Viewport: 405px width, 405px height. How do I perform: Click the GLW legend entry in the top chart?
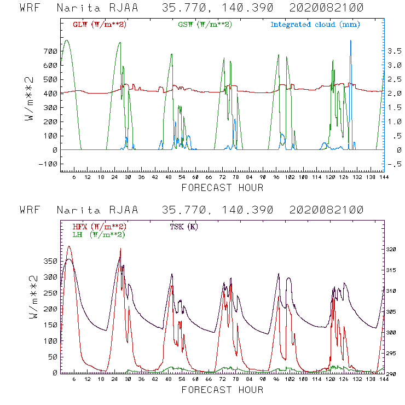coord(100,25)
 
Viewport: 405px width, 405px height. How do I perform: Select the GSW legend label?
coord(204,25)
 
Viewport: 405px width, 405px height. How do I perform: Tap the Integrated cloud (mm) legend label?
coord(315,25)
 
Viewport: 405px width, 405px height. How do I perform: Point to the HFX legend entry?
coord(100,226)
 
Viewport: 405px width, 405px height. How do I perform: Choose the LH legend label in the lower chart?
coord(99,234)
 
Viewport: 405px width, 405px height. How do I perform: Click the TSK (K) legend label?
coord(185,226)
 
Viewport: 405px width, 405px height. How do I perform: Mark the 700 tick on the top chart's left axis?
coord(50,51)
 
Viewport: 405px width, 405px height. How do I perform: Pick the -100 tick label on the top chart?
coord(47,164)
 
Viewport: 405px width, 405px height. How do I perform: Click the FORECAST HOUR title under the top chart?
coord(222,188)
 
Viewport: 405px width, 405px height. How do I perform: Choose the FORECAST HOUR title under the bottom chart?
coord(222,390)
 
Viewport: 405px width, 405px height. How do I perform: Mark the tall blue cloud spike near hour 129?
coord(350,42)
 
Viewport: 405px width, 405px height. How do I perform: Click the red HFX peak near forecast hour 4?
coord(68,247)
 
